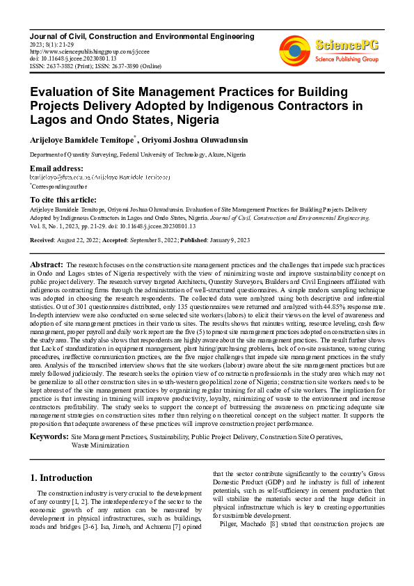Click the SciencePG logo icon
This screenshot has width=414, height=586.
point(294,50)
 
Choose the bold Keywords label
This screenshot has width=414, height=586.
point(49,436)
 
